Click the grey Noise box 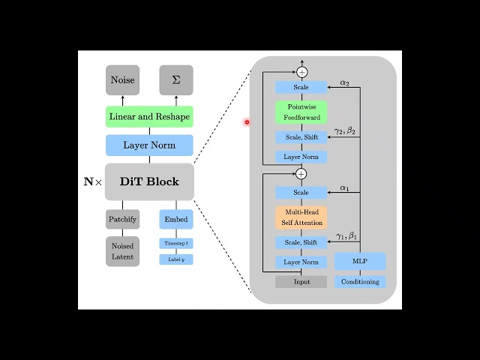123,80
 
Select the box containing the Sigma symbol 176,80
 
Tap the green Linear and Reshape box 149,117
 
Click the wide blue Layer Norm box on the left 149,145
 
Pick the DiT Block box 149,181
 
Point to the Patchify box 123,220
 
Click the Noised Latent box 123,251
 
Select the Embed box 176,220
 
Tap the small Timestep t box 176,243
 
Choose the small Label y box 176,259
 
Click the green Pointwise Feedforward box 301,112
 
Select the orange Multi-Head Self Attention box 301,217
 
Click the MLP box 360,262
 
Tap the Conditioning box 360,282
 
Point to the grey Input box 301,282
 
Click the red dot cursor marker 247,122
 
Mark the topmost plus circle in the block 301,72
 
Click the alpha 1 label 345,188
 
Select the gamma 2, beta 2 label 346,131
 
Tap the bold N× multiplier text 93,182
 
